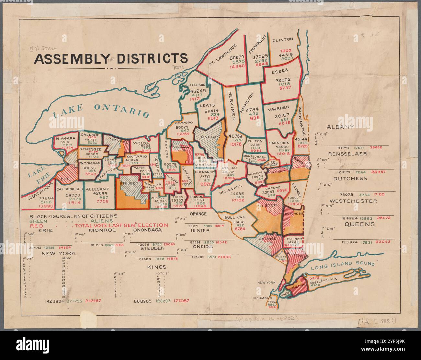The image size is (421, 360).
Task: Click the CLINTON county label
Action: pos(282,40)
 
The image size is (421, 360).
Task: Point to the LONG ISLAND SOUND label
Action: pos(343,265)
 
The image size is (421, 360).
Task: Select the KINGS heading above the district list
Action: pos(156,267)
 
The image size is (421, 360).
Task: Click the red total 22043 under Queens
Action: pos(383,242)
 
